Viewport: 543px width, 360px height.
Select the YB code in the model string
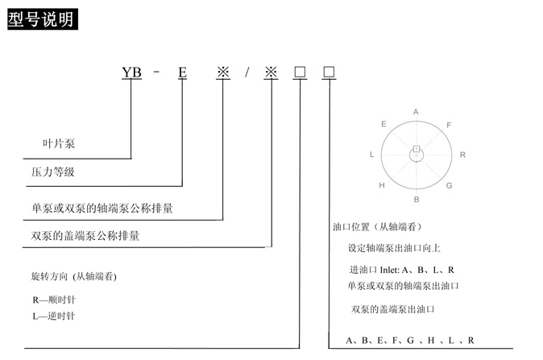(131, 72)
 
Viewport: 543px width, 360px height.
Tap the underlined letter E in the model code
(183, 72)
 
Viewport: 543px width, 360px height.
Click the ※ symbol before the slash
(223, 72)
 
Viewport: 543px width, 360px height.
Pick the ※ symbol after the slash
(271, 72)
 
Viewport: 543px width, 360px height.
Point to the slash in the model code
(248, 72)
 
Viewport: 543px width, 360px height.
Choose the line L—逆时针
(53, 316)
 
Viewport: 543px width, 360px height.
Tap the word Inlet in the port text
(388, 270)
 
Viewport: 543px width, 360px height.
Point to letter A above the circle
(416, 111)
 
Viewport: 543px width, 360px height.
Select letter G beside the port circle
(450, 185)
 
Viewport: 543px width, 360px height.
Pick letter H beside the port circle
(383, 185)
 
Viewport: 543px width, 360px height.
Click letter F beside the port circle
(449, 125)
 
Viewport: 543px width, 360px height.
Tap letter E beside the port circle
(383, 124)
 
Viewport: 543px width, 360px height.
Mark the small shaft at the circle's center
(417, 150)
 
